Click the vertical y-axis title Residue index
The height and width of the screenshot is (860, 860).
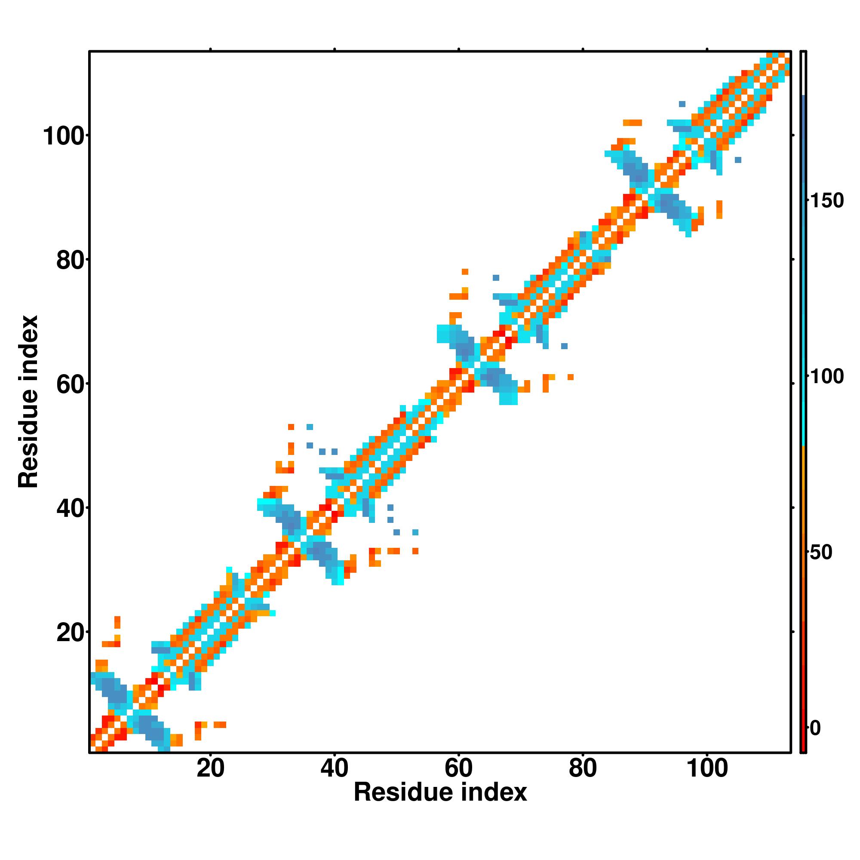[x=28, y=402]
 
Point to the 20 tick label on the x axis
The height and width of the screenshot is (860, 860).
[x=210, y=780]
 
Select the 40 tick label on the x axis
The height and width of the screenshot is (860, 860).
[x=334, y=780]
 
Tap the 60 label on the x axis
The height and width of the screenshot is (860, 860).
[x=458, y=780]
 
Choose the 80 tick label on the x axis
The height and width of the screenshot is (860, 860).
[x=583, y=780]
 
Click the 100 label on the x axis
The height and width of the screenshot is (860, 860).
[x=707, y=780]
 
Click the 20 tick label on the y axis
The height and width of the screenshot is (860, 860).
[x=71, y=633]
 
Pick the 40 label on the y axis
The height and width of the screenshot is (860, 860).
[x=71, y=509]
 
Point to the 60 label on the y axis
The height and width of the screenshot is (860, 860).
[x=71, y=384]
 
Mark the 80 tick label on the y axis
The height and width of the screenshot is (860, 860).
[x=71, y=261]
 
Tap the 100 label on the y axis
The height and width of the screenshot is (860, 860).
[x=63, y=137]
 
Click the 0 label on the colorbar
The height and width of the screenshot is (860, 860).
[x=815, y=728]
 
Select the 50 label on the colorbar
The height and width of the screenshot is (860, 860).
[x=821, y=553]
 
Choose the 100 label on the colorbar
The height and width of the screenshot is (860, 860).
[x=826, y=377]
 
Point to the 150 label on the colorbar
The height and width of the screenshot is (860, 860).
[x=826, y=201]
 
